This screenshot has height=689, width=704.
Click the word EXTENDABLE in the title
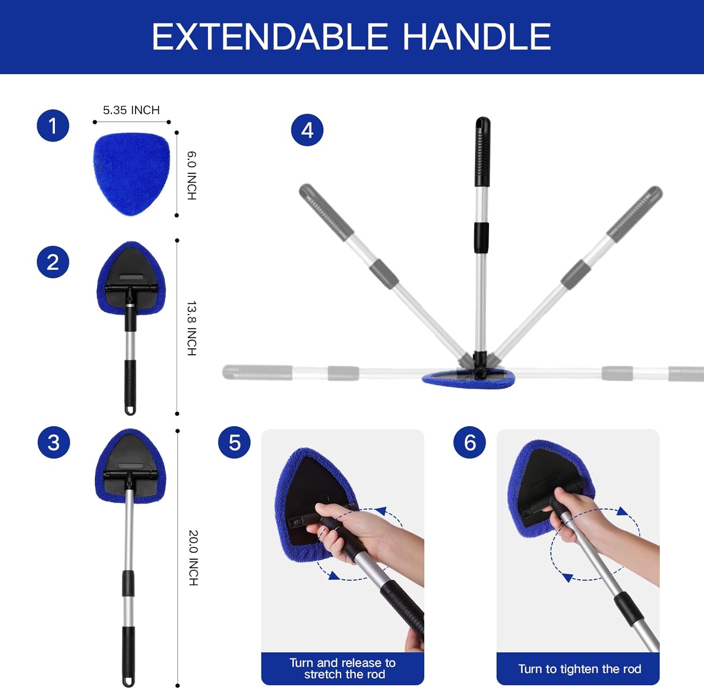[x=269, y=37]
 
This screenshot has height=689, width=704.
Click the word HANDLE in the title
[x=477, y=37]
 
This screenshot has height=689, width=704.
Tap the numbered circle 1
[x=53, y=126]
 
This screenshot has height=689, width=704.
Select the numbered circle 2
[x=53, y=262]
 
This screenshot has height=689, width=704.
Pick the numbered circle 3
[x=54, y=443]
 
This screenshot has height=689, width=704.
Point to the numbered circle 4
[x=307, y=130]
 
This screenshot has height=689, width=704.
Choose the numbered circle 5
[x=235, y=443]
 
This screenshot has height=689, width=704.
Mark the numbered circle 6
[x=470, y=443]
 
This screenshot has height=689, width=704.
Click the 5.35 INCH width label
[x=131, y=110]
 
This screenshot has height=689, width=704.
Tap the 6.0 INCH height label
[x=192, y=176]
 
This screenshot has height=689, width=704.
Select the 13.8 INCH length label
[x=192, y=328]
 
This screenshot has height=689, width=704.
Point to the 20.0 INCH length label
[x=193, y=558]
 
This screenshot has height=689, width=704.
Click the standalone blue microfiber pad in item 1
[x=131, y=174]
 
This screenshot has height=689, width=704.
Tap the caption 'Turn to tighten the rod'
[x=579, y=669]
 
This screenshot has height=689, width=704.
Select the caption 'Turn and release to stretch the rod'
[x=343, y=668]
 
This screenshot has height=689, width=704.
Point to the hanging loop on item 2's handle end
[x=130, y=409]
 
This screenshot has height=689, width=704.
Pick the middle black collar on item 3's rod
[x=128, y=583]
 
